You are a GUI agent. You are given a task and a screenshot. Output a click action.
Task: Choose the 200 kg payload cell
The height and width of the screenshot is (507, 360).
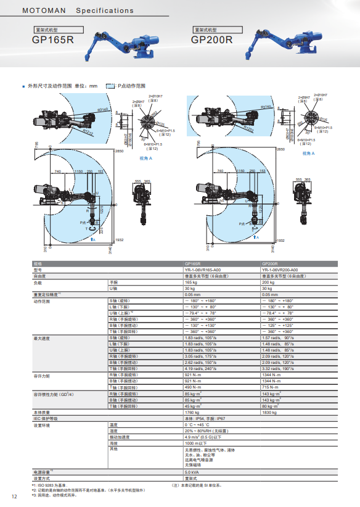coord(268,282)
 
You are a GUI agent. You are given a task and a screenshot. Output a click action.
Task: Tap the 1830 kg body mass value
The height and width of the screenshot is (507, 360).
coord(269,412)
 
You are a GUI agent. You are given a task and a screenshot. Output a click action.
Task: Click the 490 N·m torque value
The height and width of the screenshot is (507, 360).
coord(193,387)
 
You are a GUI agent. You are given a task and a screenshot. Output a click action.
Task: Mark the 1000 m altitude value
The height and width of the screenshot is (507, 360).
coord(195,443)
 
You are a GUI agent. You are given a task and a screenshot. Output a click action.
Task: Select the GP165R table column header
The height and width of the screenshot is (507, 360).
coord(192,263)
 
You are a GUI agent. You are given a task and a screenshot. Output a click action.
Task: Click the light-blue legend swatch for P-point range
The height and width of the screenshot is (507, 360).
coord(111,86)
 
